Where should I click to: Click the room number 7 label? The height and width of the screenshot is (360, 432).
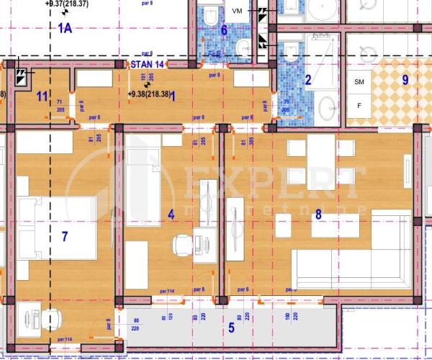64,236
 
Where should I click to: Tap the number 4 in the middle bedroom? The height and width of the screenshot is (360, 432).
171,214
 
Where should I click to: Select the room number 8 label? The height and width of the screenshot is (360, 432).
318,214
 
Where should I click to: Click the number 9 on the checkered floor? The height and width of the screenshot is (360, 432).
405,80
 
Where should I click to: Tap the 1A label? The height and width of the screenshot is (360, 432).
65,28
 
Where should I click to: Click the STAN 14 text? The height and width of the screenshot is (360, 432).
148,64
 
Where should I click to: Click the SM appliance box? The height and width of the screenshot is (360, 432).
359,82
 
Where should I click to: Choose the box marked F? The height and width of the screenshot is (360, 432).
359,105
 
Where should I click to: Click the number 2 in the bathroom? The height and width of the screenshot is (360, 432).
307,80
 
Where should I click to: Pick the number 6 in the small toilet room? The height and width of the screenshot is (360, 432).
224,30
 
